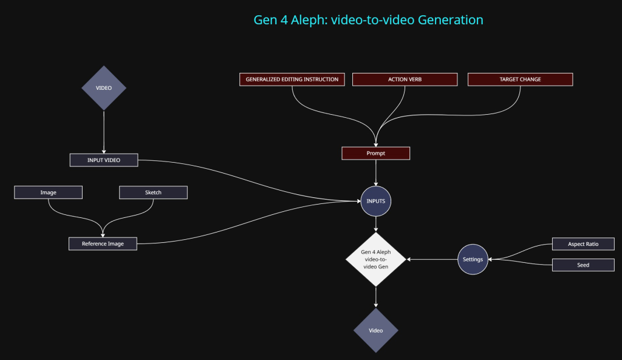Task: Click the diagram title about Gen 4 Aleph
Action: point(368,20)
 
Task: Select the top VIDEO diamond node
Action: point(104,88)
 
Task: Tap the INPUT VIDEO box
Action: point(104,160)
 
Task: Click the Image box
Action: point(49,192)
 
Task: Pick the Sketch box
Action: point(153,192)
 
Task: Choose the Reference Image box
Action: point(103,244)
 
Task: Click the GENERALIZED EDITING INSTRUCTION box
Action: point(292,80)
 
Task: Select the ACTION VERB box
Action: point(405,80)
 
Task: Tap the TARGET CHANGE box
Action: point(520,80)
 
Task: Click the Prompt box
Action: point(376,154)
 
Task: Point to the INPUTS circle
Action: point(376,201)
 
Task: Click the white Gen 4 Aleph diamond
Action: point(376,259)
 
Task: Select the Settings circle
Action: point(473,259)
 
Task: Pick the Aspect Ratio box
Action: point(583,244)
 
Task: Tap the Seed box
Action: point(583,265)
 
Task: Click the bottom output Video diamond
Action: point(376,331)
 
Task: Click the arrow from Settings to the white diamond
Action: point(432,259)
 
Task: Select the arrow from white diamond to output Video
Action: point(376,297)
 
